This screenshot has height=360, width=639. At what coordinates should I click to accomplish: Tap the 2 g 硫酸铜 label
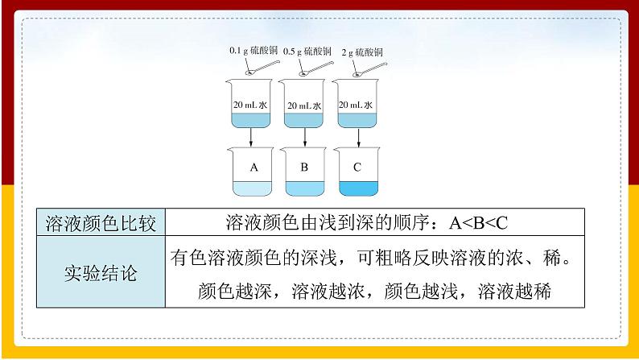pos(361,52)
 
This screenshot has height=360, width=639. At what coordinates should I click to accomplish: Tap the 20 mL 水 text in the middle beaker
pos(304,106)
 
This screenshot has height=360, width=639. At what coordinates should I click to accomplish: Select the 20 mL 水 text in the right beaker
pos(356,106)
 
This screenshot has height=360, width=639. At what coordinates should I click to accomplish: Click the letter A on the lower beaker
pos(254,168)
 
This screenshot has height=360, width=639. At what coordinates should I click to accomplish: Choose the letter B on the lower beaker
pos(304,168)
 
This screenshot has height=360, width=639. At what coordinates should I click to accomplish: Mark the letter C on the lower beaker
pos(357,168)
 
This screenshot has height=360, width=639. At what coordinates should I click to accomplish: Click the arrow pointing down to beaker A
pos(252,139)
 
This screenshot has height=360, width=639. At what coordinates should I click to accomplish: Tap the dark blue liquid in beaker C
pos(357,188)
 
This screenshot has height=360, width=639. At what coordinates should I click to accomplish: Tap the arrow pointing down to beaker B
pos(304,139)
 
